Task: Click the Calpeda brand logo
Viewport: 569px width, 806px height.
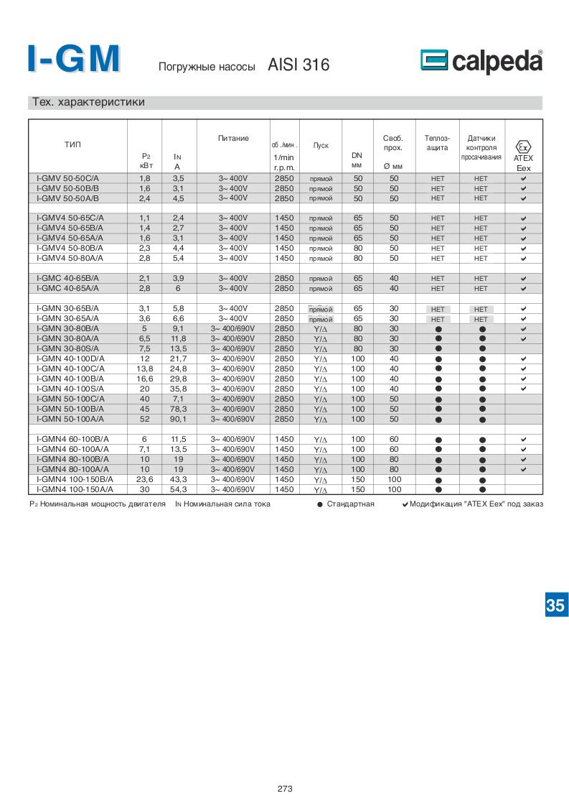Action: click(481, 62)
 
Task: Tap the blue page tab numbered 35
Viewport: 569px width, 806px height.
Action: click(555, 605)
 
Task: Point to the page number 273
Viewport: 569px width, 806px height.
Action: click(285, 788)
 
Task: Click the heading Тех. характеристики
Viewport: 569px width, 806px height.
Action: click(89, 102)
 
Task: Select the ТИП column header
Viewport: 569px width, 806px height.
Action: click(73, 144)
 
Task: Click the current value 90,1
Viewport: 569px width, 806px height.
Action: click(179, 419)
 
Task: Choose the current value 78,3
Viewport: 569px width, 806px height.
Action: click(179, 409)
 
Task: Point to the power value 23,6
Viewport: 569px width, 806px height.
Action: click(144, 479)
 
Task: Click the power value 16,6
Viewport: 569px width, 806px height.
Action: click(144, 379)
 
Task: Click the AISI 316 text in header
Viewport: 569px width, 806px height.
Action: click(298, 65)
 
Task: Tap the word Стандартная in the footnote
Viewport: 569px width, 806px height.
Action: click(350, 504)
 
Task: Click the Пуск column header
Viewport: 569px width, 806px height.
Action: click(321, 145)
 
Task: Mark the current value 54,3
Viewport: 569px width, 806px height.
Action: click(179, 489)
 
